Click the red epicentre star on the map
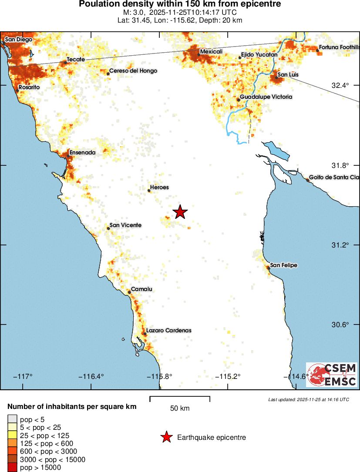tap(180, 212)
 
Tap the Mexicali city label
tap(211, 52)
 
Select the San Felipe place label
tap(284, 265)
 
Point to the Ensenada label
tap(82, 153)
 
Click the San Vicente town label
tap(125, 225)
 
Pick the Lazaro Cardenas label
tap(168, 331)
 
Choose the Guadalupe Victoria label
tap(266, 97)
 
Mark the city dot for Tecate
tap(66, 63)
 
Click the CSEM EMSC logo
tap(331, 375)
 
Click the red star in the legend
tap(166, 438)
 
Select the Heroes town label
tap(159, 187)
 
